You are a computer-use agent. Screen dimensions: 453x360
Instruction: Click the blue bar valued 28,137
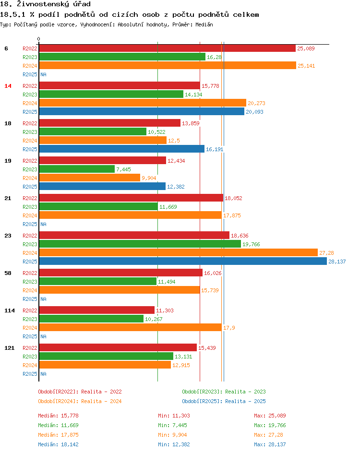(x=182, y=262)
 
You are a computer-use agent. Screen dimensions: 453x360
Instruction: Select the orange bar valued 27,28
(x=178, y=253)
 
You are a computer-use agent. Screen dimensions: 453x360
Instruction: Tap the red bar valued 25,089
(x=167, y=48)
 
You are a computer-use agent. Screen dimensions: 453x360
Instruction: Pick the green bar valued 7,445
(x=77, y=169)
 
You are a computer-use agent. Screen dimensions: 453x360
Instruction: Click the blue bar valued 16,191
(x=121, y=149)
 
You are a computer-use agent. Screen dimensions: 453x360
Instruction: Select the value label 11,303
(x=165, y=310)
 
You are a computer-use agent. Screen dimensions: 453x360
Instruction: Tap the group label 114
(x=10, y=310)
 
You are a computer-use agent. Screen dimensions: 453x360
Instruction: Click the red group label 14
(x=8, y=86)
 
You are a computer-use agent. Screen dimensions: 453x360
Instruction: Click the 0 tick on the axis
(x=39, y=39)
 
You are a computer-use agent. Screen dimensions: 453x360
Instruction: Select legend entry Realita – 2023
(x=224, y=392)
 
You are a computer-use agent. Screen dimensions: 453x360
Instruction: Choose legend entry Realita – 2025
(x=224, y=401)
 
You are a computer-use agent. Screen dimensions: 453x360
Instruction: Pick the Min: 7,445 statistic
(x=172, y=425)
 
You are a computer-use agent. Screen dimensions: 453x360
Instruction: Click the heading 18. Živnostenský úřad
(x=46, y=4)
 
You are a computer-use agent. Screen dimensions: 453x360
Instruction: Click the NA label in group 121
(x=43, y=374)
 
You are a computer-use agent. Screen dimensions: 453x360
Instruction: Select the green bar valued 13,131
(x=106, y=356)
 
